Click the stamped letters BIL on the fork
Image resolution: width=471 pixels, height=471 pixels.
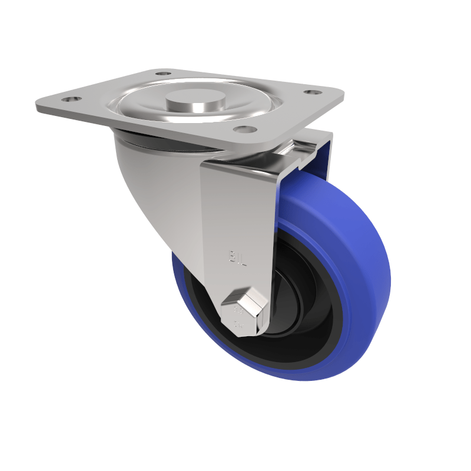tap(237, 257)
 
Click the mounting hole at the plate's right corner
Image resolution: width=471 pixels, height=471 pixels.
tap(312, 92)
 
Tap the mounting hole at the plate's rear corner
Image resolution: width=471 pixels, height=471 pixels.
tap(162, 74)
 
